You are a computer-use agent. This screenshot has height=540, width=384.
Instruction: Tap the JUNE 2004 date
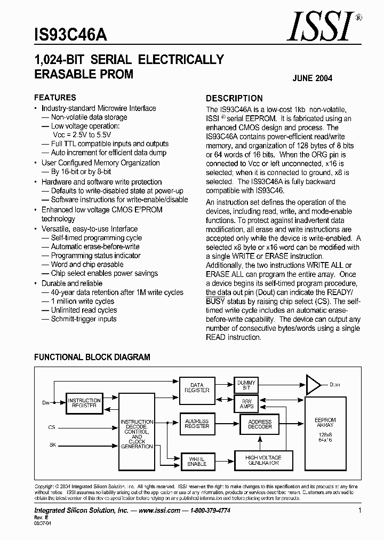point(312,78)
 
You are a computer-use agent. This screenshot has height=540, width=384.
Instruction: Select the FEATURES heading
point(55,98)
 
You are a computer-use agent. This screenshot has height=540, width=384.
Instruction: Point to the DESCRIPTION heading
point(234,98)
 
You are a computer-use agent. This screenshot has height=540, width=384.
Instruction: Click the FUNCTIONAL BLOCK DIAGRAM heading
point(92,357)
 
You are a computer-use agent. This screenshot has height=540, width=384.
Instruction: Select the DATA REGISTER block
point(197,387)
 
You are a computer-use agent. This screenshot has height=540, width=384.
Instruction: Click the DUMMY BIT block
point(246,385)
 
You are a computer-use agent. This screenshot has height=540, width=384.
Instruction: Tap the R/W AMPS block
point(246,404)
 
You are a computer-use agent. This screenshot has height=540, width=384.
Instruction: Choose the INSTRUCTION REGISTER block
point(84,403)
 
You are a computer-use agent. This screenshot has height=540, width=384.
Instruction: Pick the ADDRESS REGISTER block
point(197,424)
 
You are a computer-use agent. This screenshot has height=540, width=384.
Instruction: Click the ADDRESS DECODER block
point(260,424)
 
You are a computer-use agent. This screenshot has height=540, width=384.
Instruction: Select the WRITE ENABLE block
point(197,462)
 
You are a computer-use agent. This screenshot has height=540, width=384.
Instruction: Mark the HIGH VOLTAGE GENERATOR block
point(263,460)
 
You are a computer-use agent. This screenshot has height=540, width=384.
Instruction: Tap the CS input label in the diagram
point(52,427)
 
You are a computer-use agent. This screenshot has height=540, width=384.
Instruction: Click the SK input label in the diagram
point(52,444)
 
